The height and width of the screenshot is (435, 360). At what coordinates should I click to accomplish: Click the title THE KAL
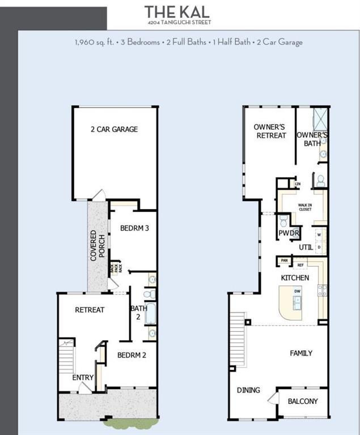pyautogui.click(x=177, y=11)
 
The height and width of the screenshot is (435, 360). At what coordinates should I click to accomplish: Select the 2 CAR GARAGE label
pyautogui.click(x=114, y=129)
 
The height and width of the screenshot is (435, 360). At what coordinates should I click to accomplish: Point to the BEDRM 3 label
pyautogui.click(x=134, y=228)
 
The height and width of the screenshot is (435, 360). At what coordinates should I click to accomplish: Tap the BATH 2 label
pyautogui.click(x=138, y=313)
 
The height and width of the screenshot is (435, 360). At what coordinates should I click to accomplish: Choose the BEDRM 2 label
pyautogui.click(x=132, y=355)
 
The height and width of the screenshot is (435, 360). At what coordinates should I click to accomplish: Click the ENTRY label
pyautogui.click(x=83, y=378)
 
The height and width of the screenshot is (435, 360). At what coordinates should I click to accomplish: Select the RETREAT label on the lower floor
pyautogui.click(x=90, y=310)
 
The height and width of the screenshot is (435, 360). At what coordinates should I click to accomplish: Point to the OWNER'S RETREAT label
pyautogui.click(x=270, y=131)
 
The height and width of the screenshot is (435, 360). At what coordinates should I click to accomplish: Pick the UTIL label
pyautogui.click(x=306, y=247)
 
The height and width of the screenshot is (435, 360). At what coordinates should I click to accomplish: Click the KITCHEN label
pyautogui.click(x=295, y=278)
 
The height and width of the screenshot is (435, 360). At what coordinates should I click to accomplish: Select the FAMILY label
pyautogui.click(x=301, y=353)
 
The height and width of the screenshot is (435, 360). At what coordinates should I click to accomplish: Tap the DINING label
pyautogui.click(x=248, y=390)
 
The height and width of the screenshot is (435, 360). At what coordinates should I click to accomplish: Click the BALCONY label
pyautogui.click(x=303, y=401)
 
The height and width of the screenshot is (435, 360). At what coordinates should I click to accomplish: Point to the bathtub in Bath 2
pyautogui.click(x=150, y=314)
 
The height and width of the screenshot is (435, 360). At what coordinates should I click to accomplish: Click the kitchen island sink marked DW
pyautogui.click(x=297, y=299)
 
